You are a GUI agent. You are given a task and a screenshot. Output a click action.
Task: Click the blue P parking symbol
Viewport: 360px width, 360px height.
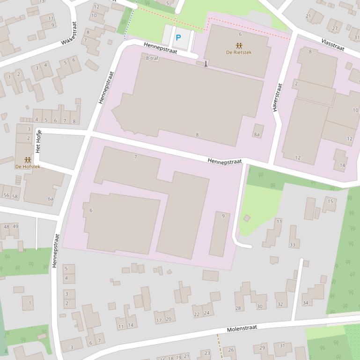[178, 38]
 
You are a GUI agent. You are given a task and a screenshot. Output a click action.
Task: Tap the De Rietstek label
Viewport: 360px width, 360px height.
[239, 52]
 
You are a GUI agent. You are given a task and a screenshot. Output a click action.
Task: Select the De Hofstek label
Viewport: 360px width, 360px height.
[28, 166]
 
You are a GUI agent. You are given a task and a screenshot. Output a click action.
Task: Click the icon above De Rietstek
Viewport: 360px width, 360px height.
[239, 45]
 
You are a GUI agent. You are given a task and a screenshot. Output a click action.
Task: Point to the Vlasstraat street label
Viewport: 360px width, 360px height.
[333, 45]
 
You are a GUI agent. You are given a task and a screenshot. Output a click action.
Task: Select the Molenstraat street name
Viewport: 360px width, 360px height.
[242, 329]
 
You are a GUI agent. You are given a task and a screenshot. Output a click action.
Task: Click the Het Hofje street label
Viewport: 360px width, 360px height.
[39, 141]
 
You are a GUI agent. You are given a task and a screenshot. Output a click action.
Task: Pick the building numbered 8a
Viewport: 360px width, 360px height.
[257, 134]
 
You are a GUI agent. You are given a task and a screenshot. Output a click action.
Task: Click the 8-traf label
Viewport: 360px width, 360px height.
[152, 58]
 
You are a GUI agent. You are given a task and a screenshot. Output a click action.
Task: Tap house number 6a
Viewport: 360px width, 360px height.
[51, 199]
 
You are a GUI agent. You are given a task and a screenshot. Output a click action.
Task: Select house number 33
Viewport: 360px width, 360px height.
[293, 245]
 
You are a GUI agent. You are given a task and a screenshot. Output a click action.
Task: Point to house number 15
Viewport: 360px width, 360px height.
[330, 202]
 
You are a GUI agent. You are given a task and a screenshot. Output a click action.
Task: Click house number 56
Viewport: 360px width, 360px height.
[6, 195]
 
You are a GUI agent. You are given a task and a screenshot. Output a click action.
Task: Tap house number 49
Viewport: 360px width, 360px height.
[15, 226]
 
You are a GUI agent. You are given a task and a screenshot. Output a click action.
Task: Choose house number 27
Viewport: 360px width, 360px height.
[335, 28]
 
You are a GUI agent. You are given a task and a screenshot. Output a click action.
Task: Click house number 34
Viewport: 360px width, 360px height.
[305, 303]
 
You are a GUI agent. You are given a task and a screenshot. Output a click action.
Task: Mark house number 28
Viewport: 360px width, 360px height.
[238, 308]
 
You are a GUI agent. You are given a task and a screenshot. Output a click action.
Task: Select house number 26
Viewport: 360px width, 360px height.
[231, 350]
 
